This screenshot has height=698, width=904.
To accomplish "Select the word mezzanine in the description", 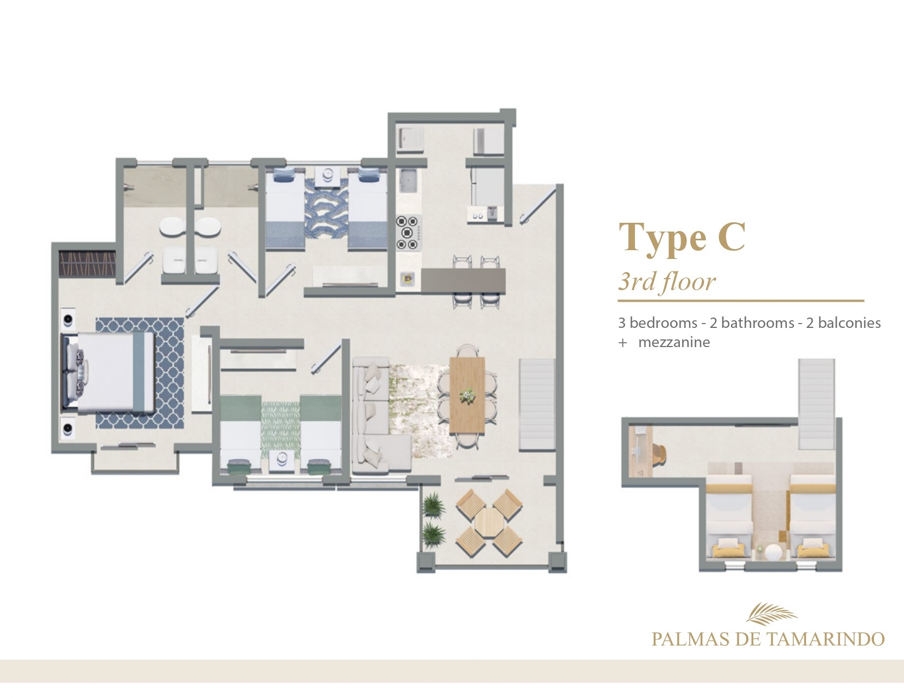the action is point(674,343).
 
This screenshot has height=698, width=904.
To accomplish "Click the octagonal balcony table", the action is point(489,522).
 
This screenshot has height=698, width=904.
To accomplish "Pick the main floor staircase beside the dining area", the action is point(537,404).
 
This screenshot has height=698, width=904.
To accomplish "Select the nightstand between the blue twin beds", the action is point(327,175).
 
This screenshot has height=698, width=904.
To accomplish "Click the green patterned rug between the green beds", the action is point(280,429).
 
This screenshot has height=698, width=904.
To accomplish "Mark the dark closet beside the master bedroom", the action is point(87,263).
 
